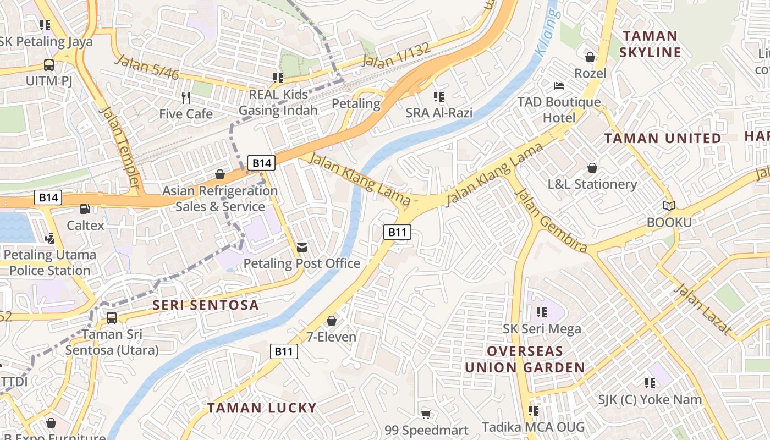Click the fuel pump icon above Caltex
click(x=85, y=209)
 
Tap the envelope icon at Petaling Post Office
click(x=301, y=247)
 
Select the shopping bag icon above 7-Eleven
click(x=332, y=321)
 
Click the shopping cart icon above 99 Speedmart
click(x=426, y=414)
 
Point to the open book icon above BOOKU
click(x=669, y=206)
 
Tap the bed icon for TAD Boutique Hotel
click(x=559, y=86)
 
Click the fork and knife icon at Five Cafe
click(x=186, y=98)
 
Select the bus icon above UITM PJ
click(x=49, y=64)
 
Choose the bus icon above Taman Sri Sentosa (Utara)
click(x=112, y=317)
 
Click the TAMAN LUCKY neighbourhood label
click(x=262, y=408)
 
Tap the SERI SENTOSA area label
click(x=205, y=305)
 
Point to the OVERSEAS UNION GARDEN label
click(x=525, y=360)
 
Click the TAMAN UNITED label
click(x=663, y=138)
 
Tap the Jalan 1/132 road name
click(x=396, y=56)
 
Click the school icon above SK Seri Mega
click(x=542, y=312)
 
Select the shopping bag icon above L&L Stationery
click(x=592, y=168)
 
